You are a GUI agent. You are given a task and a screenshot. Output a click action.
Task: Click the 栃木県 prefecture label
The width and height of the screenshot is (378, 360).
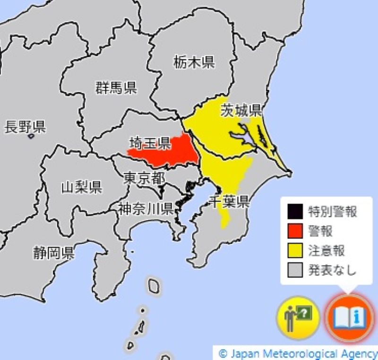(194, 61)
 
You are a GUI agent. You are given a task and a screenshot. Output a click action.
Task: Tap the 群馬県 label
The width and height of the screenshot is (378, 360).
(116, 88)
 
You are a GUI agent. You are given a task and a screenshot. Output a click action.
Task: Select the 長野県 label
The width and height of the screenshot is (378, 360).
(25, 127)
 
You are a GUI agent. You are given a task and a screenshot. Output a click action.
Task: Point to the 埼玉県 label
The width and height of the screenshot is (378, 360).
(150, 142)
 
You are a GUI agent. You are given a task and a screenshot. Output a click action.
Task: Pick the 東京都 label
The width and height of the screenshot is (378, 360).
(144, 178)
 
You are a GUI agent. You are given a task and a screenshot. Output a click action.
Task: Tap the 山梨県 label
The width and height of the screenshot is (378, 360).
(81, 187)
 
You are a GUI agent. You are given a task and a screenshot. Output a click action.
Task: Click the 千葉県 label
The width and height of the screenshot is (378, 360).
(229, 202)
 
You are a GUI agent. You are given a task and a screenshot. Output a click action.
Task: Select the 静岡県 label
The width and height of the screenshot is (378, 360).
(53, 253)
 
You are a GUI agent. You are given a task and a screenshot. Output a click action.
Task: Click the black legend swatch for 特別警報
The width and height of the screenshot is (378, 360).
(295, 211)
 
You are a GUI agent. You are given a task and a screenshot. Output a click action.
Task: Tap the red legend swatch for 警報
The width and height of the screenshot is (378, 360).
(295, 231)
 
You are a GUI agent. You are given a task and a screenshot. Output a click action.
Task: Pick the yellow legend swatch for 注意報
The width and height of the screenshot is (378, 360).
(295, 250)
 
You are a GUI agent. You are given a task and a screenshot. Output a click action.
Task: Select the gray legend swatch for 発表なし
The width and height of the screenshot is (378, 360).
(295, 270)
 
